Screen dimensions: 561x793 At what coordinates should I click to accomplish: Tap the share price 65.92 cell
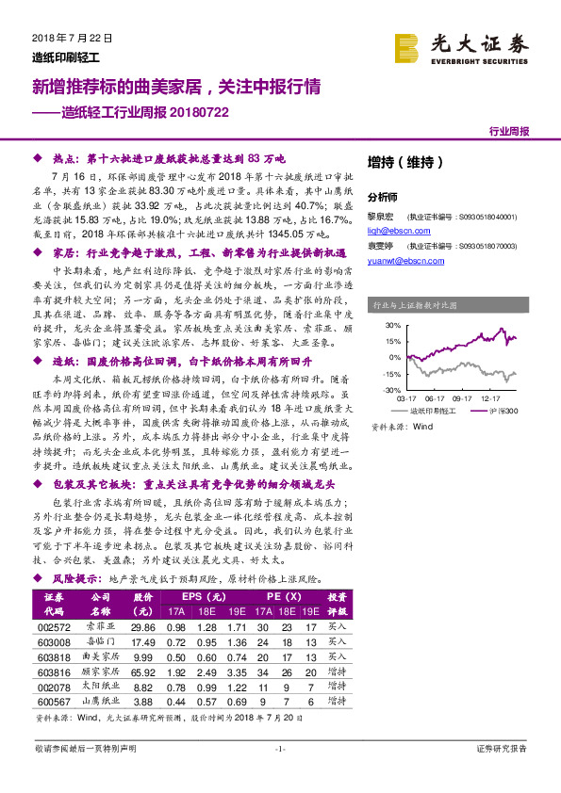[x=142, y=673]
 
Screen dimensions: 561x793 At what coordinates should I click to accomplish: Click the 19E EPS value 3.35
[x=237, y=673]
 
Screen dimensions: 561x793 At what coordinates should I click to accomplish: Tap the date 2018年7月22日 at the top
[x=65, y=39]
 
